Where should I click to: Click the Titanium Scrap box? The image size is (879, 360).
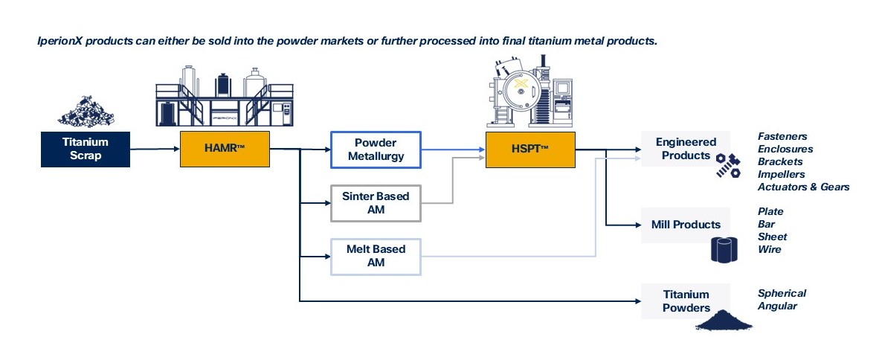pyautogui.click(x=86, y=150)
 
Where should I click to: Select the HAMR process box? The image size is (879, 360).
pyautogui.click(x=225, y=150)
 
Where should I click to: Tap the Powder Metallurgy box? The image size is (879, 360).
pyautogui.click(x=376, y=150)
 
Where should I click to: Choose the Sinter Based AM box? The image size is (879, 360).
pyautogui.click(x=376, y=203)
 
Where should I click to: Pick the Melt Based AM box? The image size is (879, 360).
pyautogui.click(x=376, y=257)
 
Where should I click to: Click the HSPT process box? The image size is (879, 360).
pyautogui.click(x=530, y=150)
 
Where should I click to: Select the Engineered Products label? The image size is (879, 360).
pyautogui.click(x=686, y=149)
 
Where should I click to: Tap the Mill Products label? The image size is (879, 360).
pyautogui.click(x=686, y=225)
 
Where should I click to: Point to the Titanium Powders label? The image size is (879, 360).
pyautogui.click(x=686, y=301)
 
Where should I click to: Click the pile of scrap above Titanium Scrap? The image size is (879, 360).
pyautogui.click(x=86, y=111)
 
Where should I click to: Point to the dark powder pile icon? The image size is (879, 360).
pyautogui.click(x=724, y=320)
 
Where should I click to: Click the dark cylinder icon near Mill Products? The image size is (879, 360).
pyautogui.click(x=724, y=249)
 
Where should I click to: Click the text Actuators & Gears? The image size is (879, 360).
pyautogui.click(x=803, y=187)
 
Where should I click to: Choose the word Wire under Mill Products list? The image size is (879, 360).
pyautogui.click(x=770, y=249)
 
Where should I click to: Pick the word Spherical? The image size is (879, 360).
pyautogui.click(x=782, y=294)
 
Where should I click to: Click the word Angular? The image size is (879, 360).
pyautogui.click(x=778, y=306)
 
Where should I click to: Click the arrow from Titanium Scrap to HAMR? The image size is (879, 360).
pyautogui.click(x=155, y=150)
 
